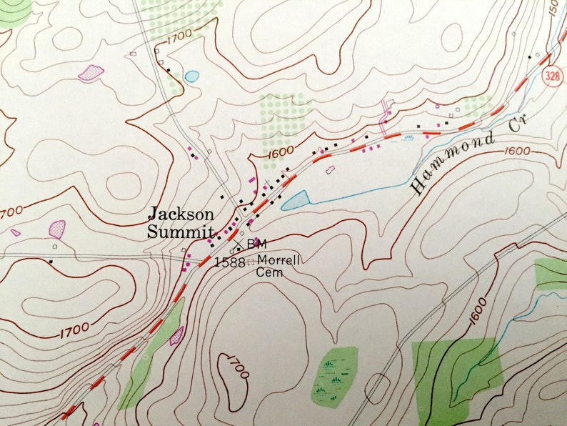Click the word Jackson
pyautogui.click(x=181, y=214)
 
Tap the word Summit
pyautogui.click(x=181, y=232)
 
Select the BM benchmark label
pyautogui.click(x=256, y=244)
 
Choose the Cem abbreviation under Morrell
pyautogui.click(x=270, y=272)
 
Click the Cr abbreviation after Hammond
pyautogui.click(x=525, y=126)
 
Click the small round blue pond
pyautogui.click(x=191, y=75)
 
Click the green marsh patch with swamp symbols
pyautogui.click(x=335, y=376)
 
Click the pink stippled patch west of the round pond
pyautogui.click(x=91, y=72)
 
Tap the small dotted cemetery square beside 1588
pyautogui.click(x=249, y=262)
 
